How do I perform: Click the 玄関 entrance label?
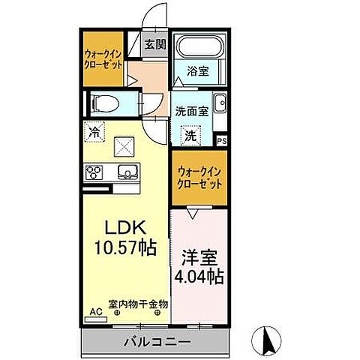click(x=153, y=43)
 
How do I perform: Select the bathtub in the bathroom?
click(x=197, y=47)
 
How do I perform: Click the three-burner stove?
click(x=95, y=173)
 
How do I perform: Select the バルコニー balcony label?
click(x=157, y=341)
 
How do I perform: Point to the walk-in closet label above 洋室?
click(x=199, y=177)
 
